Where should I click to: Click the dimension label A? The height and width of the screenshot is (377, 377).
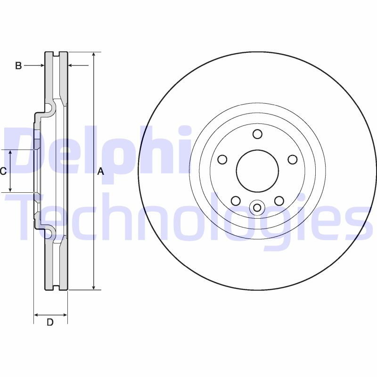click(100, 172)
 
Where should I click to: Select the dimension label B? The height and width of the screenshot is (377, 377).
click(18, 66)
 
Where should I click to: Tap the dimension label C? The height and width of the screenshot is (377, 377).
click(3, 171)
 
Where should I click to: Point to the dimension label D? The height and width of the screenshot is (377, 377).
click(50, 322)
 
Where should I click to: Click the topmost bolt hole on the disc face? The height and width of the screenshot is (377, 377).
click(257, 134)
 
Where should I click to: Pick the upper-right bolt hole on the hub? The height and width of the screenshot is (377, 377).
click(292, 159)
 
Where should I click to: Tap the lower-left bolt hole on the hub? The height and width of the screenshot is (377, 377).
click(236, 201)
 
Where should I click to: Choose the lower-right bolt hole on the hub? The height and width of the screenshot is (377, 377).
click(279, 201)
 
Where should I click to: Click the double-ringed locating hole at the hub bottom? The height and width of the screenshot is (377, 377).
click(257, 207)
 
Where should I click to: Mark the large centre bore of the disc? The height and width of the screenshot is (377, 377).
click(257, 171)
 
